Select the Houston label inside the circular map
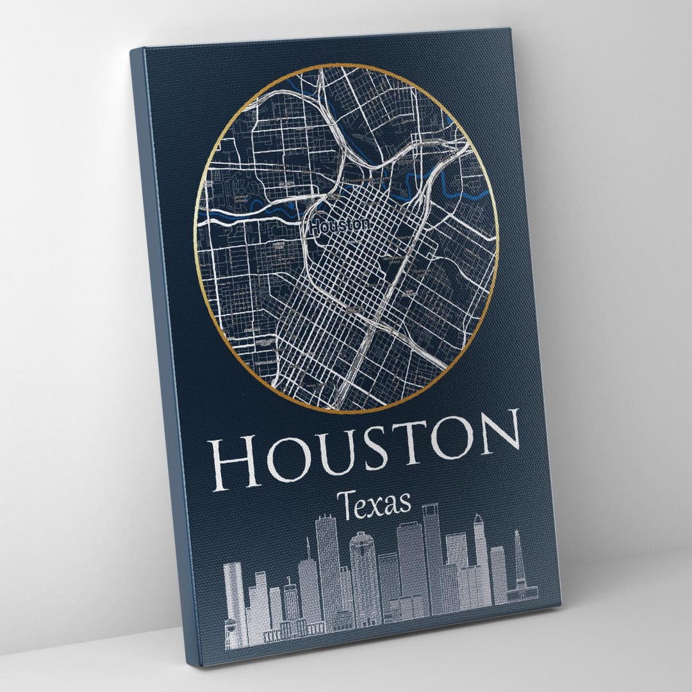[x=339, y=226]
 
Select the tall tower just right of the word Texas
[x=433, y=551]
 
